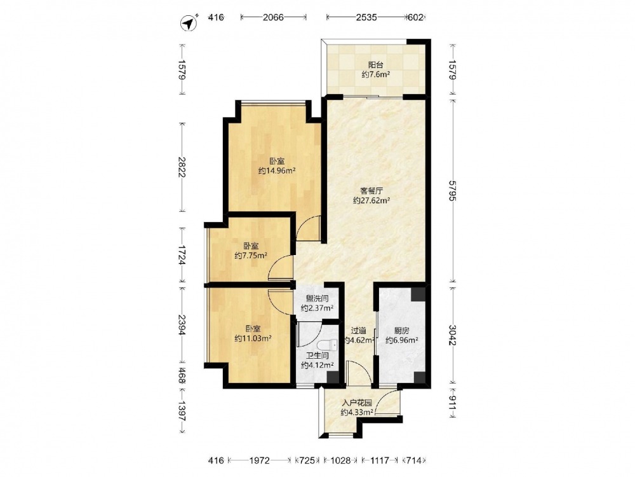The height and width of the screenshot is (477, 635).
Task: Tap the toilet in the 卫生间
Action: click(327, 345)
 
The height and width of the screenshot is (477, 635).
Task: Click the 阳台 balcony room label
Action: click(375, 64)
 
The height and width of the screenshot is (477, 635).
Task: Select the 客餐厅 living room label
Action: click(371, 190)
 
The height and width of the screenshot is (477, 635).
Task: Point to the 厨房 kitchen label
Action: click(402, 331)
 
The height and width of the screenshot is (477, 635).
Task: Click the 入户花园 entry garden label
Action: click(357, 403)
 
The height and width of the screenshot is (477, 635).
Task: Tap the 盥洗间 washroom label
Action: click(317, 298)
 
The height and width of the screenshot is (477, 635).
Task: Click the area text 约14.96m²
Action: click(277, 170)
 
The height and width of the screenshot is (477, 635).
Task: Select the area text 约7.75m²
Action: click(251, 256)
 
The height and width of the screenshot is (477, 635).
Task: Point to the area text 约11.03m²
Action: click(253, 338)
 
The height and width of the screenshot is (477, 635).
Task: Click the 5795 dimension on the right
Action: click(453, 189)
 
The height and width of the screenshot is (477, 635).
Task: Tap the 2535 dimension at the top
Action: click(366, 17)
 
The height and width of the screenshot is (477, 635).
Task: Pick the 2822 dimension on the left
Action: click(182, 167)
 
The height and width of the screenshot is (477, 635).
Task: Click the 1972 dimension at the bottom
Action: click(259, 460)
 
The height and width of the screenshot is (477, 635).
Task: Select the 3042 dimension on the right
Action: click(453, 335)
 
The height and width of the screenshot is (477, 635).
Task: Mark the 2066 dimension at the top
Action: click(273, 17)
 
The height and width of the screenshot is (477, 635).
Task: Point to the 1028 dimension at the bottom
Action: click(340, 460)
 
